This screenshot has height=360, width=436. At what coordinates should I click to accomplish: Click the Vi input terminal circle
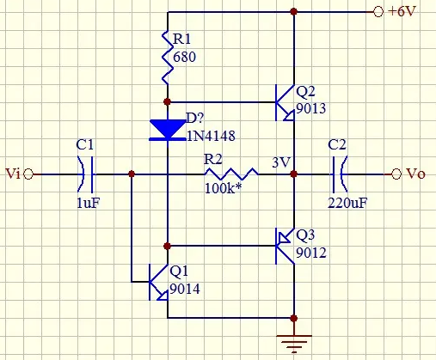(28, 174)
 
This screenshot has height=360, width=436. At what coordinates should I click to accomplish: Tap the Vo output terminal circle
(396, 174)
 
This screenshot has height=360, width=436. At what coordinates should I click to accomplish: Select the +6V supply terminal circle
(378, 12)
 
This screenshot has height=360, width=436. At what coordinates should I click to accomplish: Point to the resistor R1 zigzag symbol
(168, 58)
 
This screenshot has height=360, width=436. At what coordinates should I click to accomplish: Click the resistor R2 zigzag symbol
(231, 174)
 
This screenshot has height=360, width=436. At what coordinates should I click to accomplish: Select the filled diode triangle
(168, 129)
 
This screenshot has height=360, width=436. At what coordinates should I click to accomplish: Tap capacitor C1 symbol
(85, 174)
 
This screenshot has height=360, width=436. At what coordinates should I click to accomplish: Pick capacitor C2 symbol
(340, 174)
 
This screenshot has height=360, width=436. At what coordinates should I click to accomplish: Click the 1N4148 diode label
(212, 136)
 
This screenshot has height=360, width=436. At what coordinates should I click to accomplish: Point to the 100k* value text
(224, 188)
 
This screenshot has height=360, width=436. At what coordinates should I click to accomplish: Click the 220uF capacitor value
(347, 203)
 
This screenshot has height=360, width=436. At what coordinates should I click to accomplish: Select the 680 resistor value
(185, 57)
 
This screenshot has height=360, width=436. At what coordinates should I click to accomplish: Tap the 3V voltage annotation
(281, 162)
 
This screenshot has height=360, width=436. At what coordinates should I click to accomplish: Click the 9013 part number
(311, 108)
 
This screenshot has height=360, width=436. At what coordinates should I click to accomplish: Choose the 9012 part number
(311, 253)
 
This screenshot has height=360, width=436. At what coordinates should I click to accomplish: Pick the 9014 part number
(185, 289)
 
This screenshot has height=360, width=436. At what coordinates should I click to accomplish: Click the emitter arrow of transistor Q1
(163, 296)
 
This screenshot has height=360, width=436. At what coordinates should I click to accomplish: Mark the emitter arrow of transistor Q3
(284, 237)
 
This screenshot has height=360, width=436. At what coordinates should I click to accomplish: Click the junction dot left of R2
(132, 174)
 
